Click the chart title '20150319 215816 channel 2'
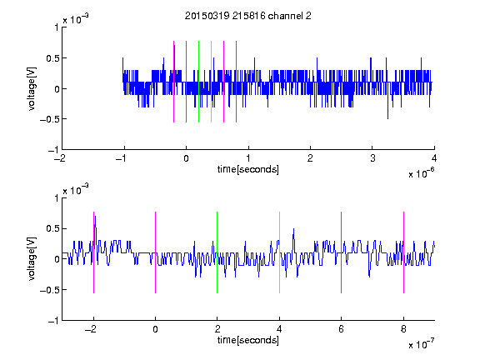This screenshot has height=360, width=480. (248, 16)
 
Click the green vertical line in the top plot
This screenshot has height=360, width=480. (198, 82)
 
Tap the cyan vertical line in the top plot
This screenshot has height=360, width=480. (211, 82)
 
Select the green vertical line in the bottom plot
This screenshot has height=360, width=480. (217, 252)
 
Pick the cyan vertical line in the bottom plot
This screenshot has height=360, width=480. (279, 252)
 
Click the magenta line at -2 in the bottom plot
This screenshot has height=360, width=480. (93, 252)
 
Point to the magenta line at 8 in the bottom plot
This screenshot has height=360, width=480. (403, 252)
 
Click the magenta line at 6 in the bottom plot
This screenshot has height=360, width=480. (342, 252)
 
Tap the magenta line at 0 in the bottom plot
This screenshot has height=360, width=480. (156, 252)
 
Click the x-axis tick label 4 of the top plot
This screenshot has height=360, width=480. (434, 158)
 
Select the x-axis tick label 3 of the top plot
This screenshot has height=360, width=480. (372, 158)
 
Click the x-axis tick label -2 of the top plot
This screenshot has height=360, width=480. (60, 158)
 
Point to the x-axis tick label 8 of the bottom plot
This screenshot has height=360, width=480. (403, 329)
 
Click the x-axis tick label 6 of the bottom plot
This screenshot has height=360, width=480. (342, 329)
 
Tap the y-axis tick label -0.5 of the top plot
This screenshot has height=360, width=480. (49, 119)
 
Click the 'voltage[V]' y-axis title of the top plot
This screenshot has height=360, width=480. (32, 88)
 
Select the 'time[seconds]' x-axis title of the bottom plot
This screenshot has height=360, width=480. (248, 340)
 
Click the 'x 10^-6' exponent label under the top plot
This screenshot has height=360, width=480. (422, 172)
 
